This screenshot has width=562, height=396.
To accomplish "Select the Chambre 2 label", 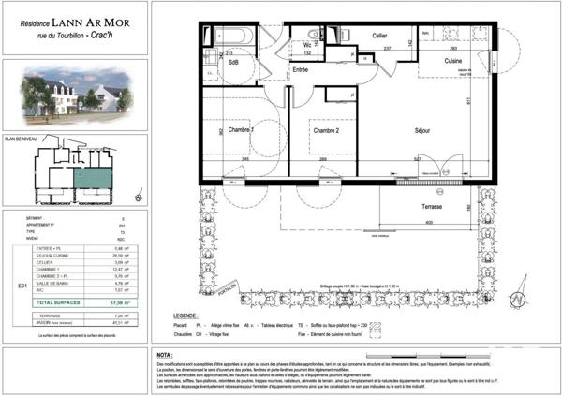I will coord(325,131).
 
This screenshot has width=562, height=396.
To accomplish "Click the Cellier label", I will coord(353,36).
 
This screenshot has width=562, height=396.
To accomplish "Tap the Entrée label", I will coord(300,69).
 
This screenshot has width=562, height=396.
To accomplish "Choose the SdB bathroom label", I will coord(233,63).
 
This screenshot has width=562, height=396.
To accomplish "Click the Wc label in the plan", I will coord(307,44).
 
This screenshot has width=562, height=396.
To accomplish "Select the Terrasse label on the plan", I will coord(431,205).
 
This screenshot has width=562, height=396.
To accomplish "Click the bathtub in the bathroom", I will coord(229,34).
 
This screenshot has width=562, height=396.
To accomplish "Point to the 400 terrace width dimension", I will coord(427,223).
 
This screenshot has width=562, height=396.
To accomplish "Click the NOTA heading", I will coord(165,355).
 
